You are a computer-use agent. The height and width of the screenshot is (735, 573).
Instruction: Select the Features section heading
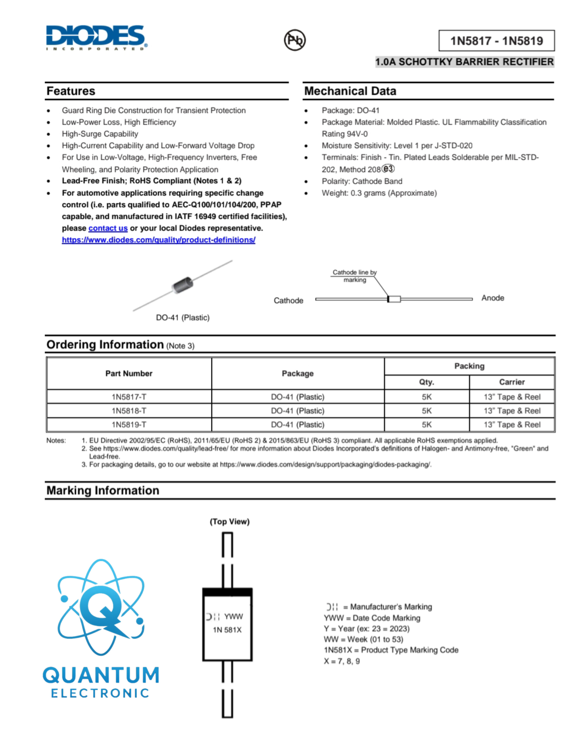(71, 91)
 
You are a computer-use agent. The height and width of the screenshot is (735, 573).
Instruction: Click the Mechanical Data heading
(350, 91)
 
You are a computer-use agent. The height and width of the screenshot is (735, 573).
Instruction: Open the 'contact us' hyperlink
(108, 228)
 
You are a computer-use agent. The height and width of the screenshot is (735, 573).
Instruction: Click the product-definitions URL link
(158, 240)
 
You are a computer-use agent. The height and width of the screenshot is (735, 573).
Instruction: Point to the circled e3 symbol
(388, 169)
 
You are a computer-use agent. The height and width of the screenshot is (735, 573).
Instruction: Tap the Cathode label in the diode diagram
(288, 301)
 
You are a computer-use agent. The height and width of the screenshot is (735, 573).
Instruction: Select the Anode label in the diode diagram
(493, 298)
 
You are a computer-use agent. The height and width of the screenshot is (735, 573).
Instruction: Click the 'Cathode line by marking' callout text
(355, 276)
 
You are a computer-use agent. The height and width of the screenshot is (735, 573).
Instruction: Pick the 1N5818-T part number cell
(129, 411)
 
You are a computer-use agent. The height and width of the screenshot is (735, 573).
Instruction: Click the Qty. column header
(426, 382)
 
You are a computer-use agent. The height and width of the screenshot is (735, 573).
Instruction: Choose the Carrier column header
(512, 382)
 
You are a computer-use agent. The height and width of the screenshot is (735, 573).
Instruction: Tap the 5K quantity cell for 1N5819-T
(426, 425)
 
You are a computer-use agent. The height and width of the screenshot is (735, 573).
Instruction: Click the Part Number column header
(129, 373)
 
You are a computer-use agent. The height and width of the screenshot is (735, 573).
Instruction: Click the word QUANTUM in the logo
(101, 675)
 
